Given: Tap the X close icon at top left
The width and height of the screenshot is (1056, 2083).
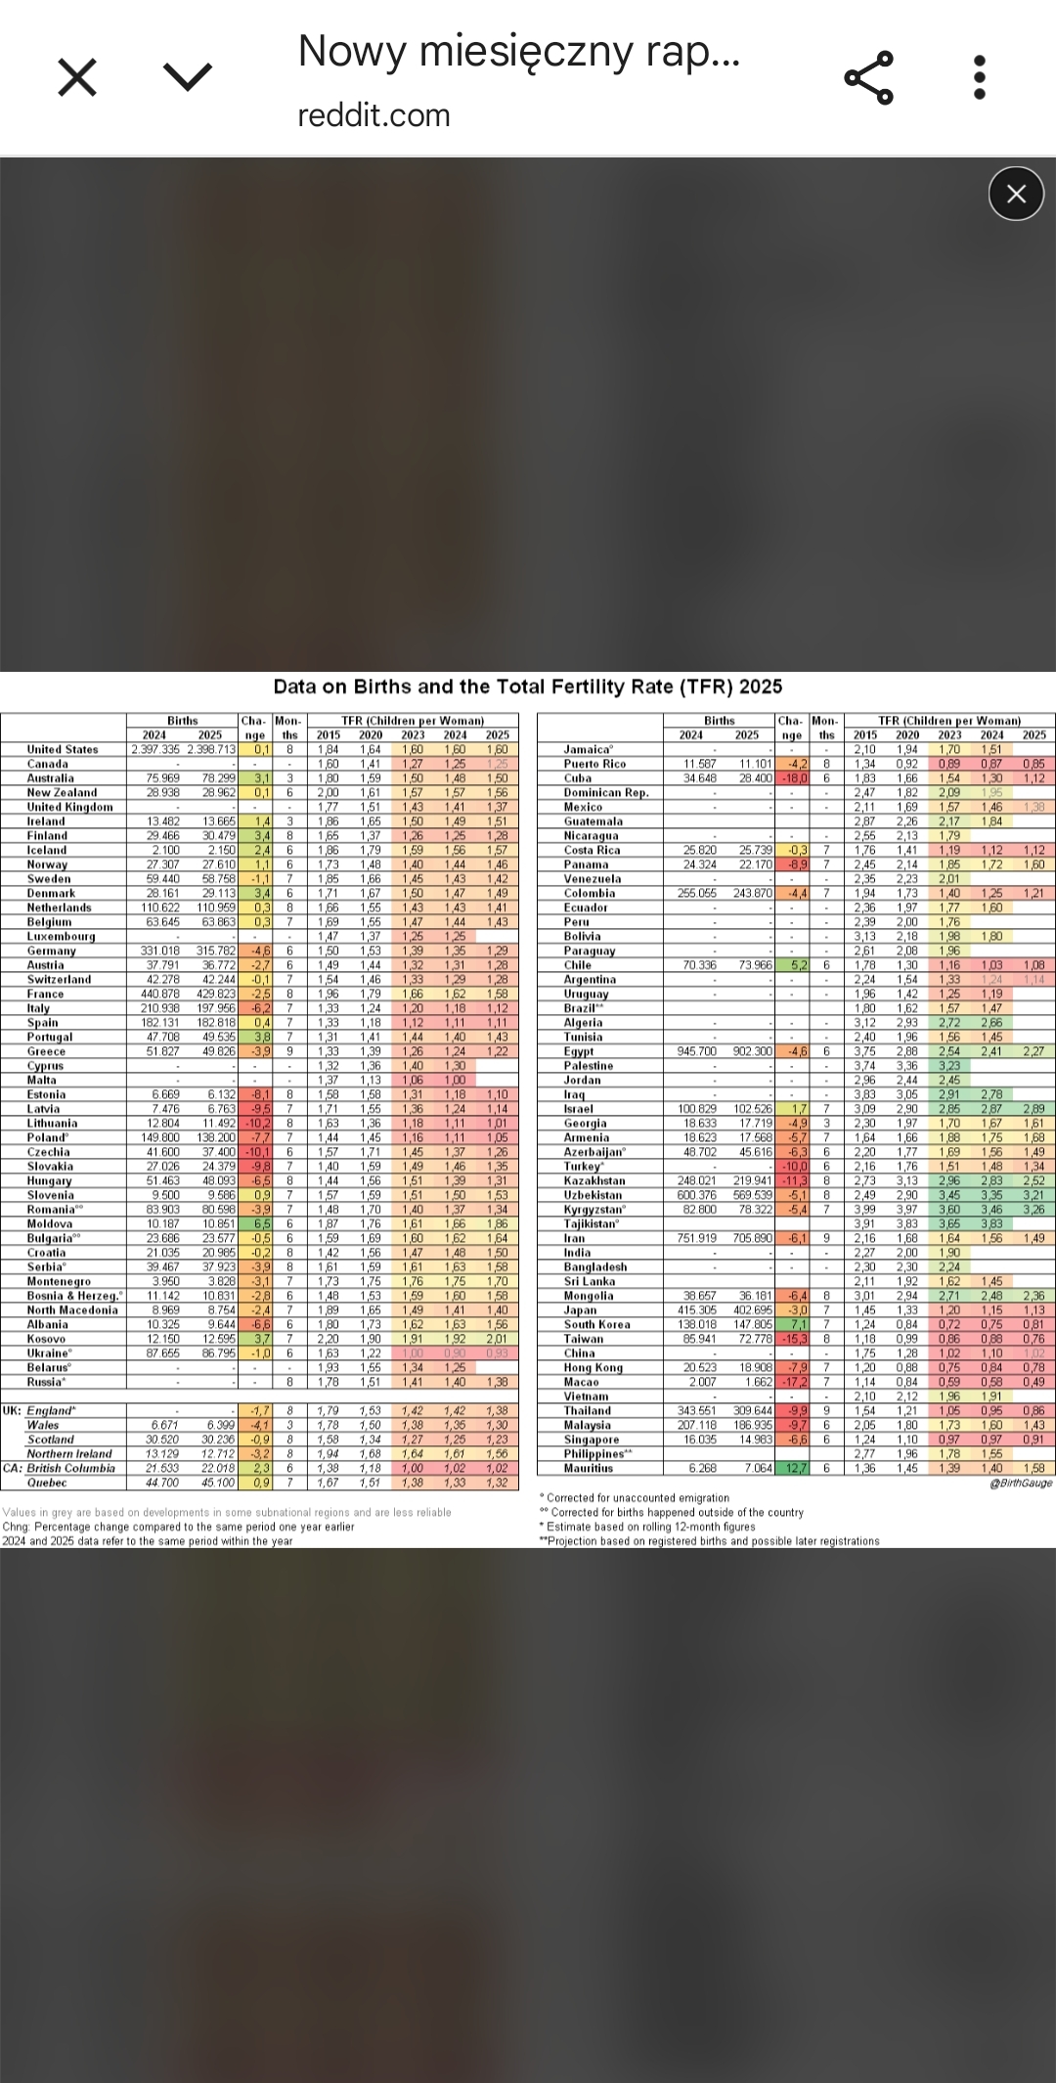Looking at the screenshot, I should tap(77, 77).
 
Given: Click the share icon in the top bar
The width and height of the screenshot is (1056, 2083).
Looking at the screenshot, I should tap(868, 77).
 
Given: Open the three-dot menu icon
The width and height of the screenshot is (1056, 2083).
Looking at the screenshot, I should tap(980, 77).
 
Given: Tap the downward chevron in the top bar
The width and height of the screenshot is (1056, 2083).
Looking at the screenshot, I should tap(188, 77).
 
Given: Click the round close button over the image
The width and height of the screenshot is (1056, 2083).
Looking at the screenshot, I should tap(1016, 194).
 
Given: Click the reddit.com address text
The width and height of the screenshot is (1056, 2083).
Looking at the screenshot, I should tap(374, 115).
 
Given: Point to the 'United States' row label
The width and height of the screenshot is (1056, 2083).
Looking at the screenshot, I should tap(63, 750).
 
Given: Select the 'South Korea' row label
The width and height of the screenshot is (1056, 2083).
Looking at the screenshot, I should tap(597, 1325).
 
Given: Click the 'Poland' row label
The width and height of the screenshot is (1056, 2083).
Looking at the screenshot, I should tap(48, 1138).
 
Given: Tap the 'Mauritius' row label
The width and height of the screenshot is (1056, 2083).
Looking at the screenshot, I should tap(589, 1468).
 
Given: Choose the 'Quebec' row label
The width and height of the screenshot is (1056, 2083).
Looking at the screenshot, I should tap(47, 1483).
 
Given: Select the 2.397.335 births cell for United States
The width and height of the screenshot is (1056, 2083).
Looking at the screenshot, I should tap(156, 750).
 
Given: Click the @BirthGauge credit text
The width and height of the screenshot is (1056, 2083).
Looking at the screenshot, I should tap(1021, 1484).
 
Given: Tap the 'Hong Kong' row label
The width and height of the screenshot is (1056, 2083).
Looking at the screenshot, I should tap(594, 1368).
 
